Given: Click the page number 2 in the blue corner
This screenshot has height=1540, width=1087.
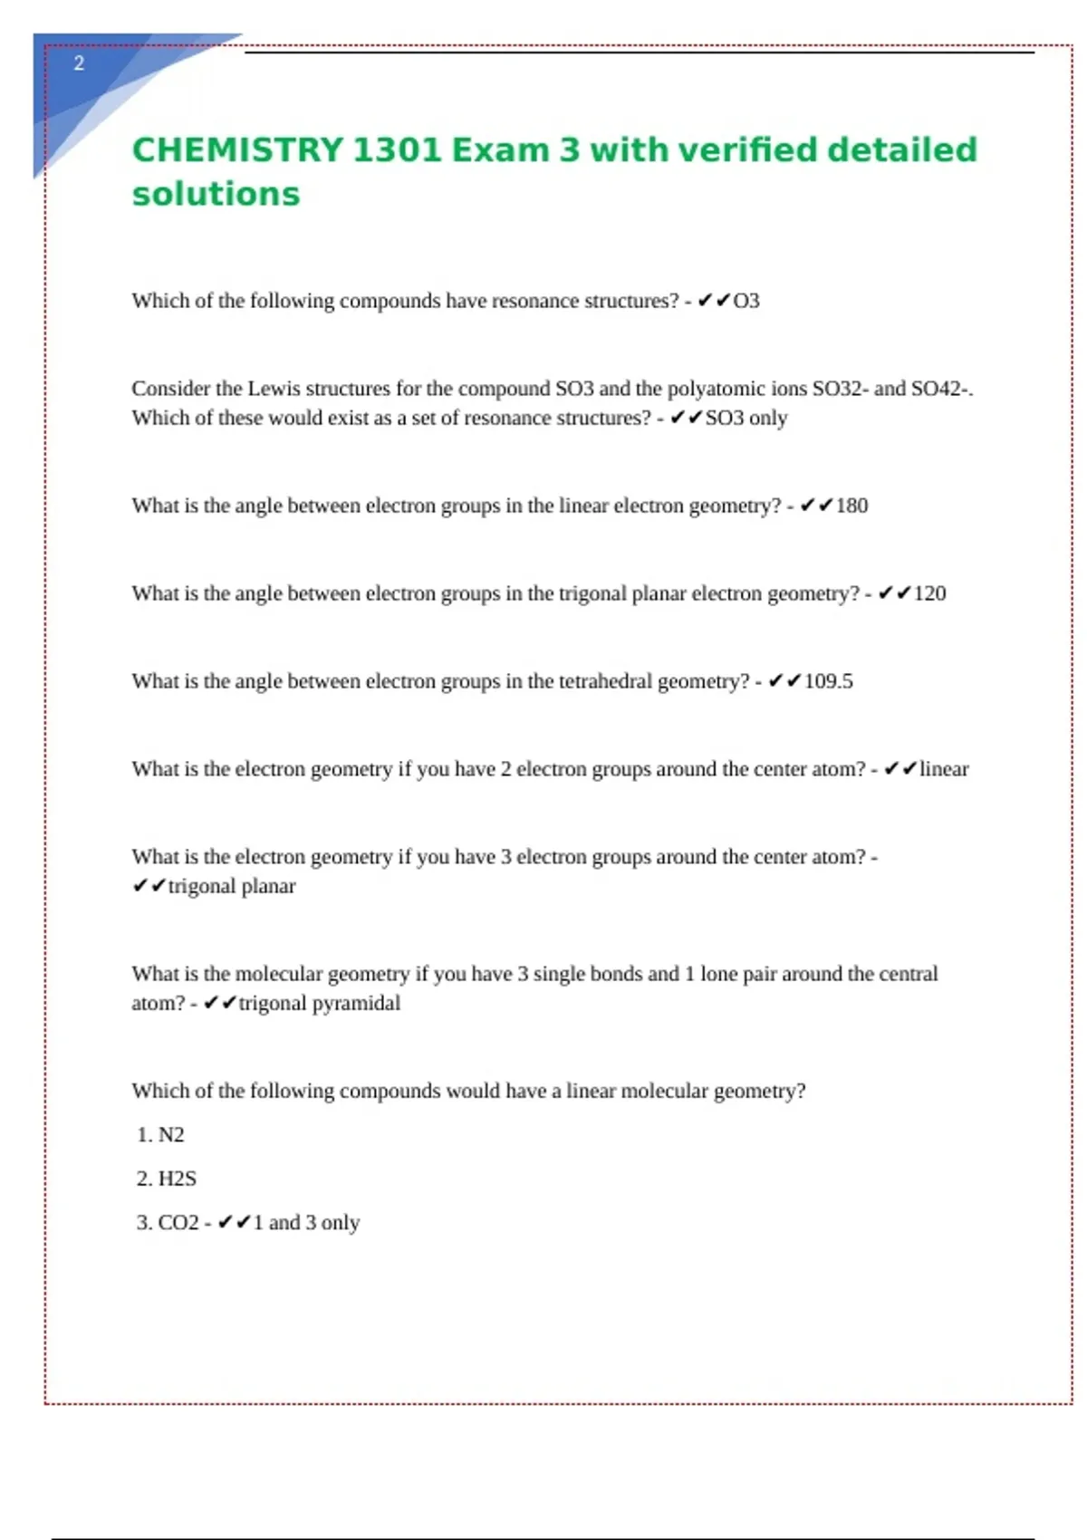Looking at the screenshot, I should click(79, 63).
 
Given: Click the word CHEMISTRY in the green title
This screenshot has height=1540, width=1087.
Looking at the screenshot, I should click(237, 150).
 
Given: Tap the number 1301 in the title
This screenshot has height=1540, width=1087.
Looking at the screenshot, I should click(396, 150).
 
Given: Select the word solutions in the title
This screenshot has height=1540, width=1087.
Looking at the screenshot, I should click(216, 195).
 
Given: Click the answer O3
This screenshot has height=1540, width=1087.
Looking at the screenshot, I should click(746, 301).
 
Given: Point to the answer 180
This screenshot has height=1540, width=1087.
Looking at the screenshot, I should click(851, 505).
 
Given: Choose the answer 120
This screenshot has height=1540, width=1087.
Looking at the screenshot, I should click(929, 593).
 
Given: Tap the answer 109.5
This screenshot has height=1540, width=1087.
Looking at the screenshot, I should click(828, 681).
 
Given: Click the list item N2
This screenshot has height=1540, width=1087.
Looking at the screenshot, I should click(171, 1135).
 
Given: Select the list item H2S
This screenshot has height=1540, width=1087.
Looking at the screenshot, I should click(177, 1179).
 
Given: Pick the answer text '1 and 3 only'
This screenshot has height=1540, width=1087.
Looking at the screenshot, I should click(306, 1223).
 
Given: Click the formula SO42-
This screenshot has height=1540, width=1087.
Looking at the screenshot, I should click(941, 389).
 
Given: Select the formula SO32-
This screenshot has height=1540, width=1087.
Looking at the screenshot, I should click(840, 389).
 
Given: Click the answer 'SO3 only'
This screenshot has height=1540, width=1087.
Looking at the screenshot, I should click(746, 419).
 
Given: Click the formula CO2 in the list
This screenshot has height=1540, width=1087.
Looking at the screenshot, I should click(178, 1223).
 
